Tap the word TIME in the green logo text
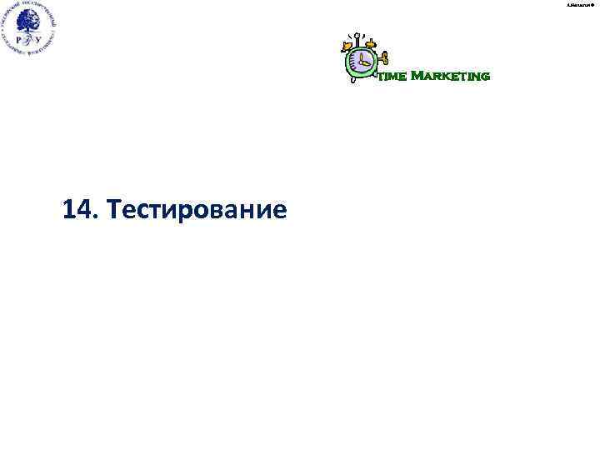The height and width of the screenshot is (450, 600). point(392,77)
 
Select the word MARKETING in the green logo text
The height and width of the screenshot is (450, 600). point(450,77)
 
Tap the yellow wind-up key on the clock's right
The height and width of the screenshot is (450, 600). point(385,58)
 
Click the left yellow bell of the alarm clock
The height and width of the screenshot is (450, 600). point(346,44)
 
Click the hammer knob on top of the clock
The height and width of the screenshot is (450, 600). point(357,35)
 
